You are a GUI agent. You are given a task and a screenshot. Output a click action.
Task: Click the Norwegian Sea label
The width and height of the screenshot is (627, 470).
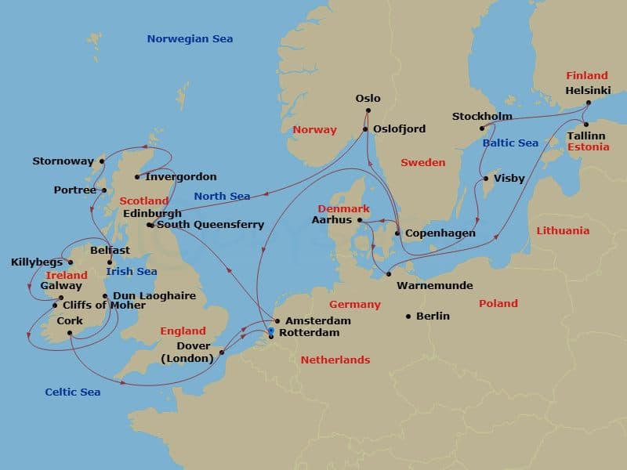coord(190,39)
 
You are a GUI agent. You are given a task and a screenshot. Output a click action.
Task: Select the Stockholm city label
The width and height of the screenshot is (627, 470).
coord(482,117)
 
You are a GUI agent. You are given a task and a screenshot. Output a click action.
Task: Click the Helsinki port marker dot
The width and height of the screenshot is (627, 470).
coord(588,102)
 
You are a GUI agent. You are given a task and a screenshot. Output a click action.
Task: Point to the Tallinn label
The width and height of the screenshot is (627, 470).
coord(585,136)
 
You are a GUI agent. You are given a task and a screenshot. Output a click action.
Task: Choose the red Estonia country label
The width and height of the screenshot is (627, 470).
coord(588,146)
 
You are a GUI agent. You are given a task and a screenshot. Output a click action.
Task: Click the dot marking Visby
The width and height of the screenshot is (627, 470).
coord(486,179)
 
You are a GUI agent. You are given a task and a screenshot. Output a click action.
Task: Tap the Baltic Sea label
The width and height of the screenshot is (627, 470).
coord(510,143)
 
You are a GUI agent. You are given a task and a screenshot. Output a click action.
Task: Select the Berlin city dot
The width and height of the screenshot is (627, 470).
coord(408,316)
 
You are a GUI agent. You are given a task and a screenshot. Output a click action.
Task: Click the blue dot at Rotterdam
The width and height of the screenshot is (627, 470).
coord(271,332)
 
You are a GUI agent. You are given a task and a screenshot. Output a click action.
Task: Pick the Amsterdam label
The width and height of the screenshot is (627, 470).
coord(317,321)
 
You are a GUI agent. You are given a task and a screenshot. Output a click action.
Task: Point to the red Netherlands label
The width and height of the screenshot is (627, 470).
coord(335,360)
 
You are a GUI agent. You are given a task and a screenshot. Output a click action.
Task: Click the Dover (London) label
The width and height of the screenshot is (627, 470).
coord(187,352)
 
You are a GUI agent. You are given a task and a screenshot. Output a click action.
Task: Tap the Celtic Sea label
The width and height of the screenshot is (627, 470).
coord(72,392)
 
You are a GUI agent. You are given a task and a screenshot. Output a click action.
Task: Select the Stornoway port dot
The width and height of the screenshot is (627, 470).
coord(102,162)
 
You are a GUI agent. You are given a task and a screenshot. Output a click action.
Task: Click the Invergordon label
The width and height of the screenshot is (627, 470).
coord(181,177)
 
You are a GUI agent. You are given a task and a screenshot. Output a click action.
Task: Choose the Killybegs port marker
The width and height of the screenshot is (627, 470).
coord(70,262)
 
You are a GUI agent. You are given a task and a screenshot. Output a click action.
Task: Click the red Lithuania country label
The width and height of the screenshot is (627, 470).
coord(563,231)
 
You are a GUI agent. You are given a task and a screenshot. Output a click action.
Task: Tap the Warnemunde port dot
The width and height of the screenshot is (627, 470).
coord(388,274)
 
